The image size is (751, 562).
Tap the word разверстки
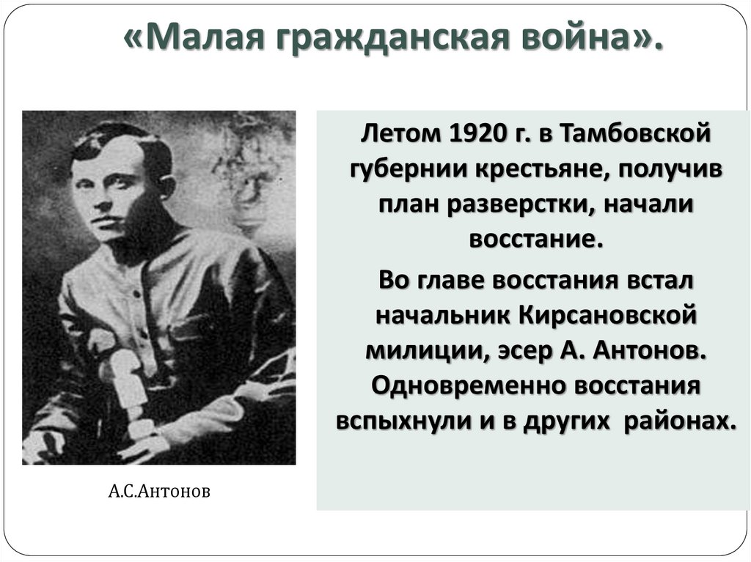click(527, 206)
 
